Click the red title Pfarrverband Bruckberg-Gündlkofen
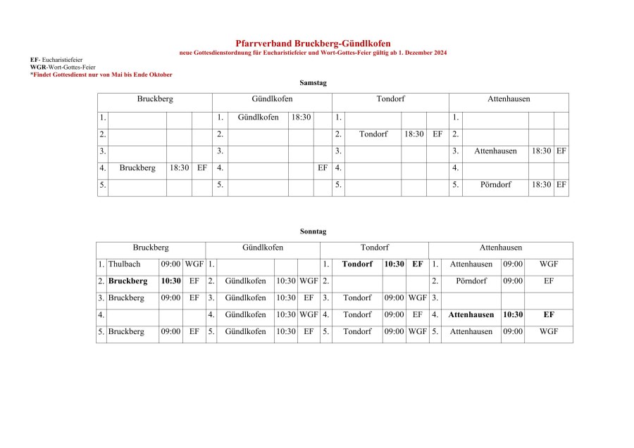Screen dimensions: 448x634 point(313,44)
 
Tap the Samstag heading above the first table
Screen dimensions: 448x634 point(313,83)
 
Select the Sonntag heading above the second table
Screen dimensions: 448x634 point(313,231)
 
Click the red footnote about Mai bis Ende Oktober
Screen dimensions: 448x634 point(101,75)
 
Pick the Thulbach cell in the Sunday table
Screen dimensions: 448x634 point(124,264)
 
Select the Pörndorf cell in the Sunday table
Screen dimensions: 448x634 point(471,281)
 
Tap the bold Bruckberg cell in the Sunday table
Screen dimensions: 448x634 point(128,281)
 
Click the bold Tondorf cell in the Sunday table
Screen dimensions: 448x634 point(357,264)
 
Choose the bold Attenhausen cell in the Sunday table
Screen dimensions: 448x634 point(471,315)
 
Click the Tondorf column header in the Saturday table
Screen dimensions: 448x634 point(390,100)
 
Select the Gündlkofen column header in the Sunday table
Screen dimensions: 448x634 point(263,248)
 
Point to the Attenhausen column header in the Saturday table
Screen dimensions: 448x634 point(509,100)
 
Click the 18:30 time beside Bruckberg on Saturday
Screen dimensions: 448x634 point(179,168)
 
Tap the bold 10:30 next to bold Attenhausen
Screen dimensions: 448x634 point(513,315)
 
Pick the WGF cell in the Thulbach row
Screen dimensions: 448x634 point(194,264)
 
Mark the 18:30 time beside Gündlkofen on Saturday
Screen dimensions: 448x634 point(301,117)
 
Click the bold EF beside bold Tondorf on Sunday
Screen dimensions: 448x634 point(418,264)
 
